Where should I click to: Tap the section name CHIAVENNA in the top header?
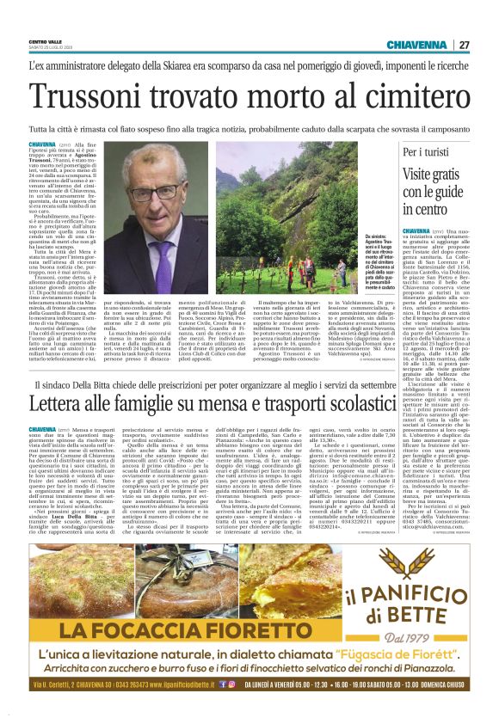[416, 45]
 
